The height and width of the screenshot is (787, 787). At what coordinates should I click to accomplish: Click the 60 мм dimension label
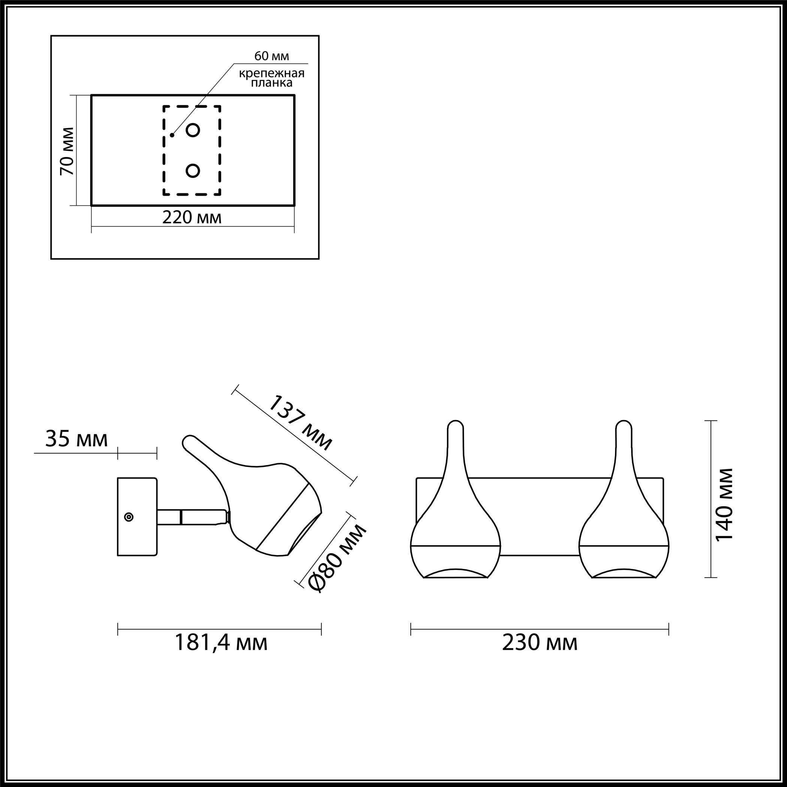[272, 56]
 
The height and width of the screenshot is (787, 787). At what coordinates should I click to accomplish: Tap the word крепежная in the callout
[272, 74]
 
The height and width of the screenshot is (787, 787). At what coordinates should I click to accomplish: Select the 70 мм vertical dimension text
[67, 151]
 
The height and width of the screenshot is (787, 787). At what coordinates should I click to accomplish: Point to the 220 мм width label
[192, 217]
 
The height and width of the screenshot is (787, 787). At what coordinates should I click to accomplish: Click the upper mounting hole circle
[193, 130]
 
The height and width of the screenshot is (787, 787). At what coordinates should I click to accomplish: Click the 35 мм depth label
[76, 439]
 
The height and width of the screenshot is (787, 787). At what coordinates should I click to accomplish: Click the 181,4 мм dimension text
[221, 643]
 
